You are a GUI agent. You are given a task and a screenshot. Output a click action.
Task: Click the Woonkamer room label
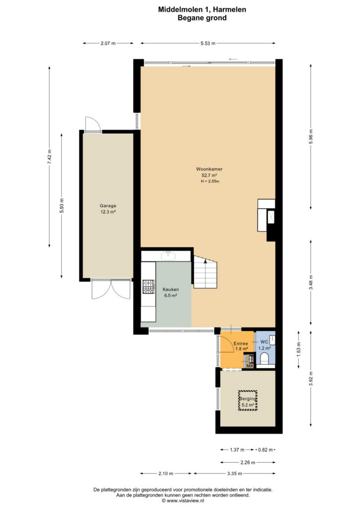209,169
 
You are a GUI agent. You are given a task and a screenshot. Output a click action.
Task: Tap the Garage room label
108,205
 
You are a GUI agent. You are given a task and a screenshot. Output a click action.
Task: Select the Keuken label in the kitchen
171,289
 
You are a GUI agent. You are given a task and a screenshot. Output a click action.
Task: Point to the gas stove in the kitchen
148,287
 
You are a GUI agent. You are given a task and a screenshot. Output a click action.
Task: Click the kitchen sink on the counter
168,256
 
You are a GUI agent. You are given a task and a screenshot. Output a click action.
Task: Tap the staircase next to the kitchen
205,272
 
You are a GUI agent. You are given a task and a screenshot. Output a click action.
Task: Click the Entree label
241,343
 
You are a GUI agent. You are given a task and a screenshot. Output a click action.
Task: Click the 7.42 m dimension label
50,157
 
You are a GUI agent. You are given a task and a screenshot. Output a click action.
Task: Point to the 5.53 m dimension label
208,43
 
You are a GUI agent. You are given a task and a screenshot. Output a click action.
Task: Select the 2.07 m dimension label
108,43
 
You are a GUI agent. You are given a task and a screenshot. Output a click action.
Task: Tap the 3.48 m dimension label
311,283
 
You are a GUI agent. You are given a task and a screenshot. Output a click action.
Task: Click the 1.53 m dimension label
299,350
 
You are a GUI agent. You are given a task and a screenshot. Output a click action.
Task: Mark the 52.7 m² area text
209,175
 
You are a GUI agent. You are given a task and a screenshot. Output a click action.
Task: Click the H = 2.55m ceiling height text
210,181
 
